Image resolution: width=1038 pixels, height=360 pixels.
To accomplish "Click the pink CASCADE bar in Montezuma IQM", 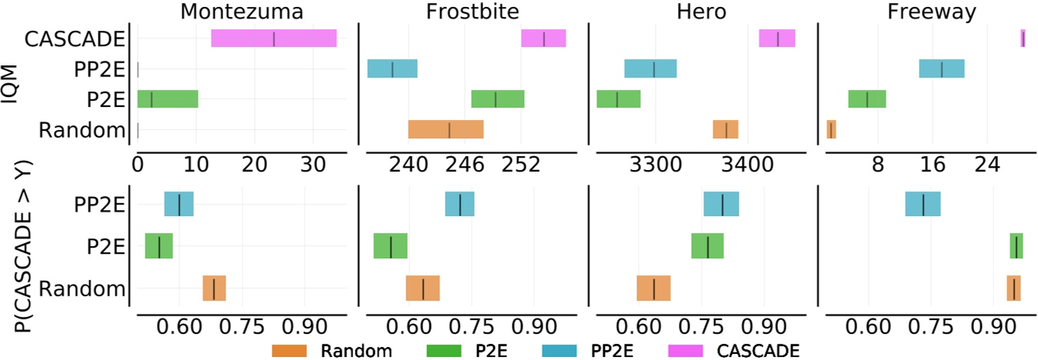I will (x=273, y=38).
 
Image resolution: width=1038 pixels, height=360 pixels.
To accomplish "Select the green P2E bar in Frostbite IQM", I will (x=497, y=99).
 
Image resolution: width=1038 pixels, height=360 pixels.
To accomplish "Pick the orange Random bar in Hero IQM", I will (x=726, y=129).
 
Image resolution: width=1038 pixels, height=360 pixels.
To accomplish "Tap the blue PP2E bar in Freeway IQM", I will (x=941, y=68).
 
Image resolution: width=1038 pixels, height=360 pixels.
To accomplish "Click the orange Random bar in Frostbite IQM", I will (x=446, y=129).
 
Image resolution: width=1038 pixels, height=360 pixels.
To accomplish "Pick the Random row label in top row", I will (x=81, y=129).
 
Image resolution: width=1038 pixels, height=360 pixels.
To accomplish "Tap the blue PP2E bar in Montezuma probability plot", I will (x=179, y=204).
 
